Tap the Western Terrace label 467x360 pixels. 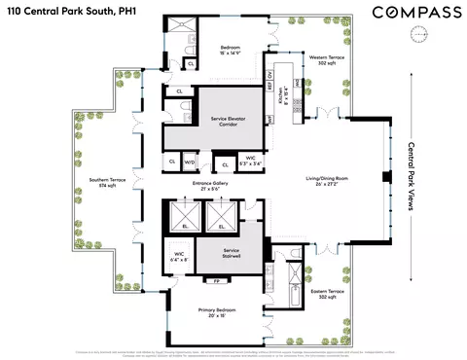click(322, 60)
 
